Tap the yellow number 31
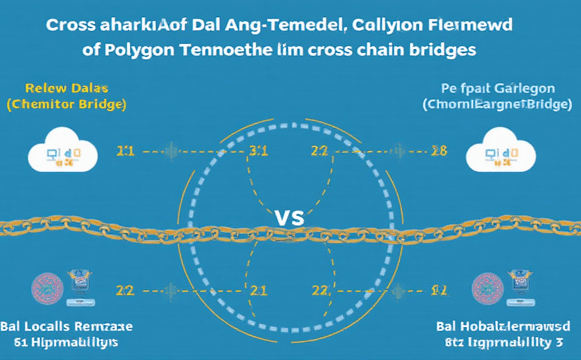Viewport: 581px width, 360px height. (x=259, y=151)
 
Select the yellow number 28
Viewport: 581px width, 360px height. (x=439, y=151)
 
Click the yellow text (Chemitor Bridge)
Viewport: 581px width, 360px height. (x=66, y=104)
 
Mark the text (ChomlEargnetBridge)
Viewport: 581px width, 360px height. (x=497, y=104)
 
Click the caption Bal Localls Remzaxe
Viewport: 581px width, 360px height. (x=67, y=327)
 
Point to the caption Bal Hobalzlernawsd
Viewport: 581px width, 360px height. (x=504, y=327)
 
